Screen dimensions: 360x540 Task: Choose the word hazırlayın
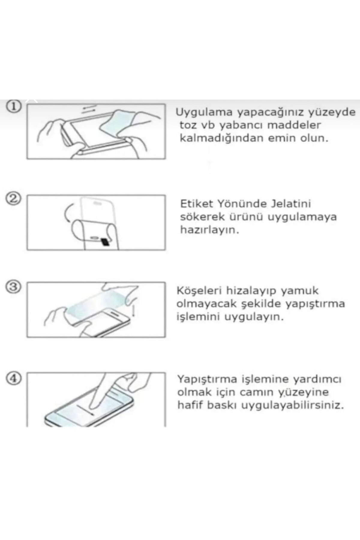pyautogui.click(x=209, y=230)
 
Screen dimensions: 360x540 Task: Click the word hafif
pyautogui.click(x=190, y=405)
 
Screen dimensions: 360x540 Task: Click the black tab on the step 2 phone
pyautogui.click(x=105, y=242)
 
